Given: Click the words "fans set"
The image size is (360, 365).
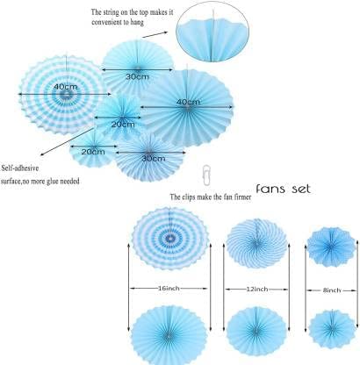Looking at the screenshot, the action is click(283, 189).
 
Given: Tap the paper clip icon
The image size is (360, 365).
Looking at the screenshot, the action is click(206, 175).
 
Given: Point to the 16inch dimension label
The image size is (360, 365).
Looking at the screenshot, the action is click(169, 289).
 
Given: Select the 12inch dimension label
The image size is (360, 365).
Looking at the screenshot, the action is click(257, 290).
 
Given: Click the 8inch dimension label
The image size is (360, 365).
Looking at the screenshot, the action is click(332, 290).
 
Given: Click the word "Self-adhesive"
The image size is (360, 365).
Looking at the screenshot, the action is click(20, 168).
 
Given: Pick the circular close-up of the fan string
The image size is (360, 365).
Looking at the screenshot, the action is click(212, 32).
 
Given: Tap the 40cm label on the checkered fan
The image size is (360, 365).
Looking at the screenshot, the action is click(66, 87).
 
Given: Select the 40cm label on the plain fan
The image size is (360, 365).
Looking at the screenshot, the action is click(188, 102).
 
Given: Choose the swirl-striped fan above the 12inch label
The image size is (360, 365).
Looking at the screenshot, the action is click(256, 243).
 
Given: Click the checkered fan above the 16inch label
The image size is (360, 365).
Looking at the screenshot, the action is click(169, 239).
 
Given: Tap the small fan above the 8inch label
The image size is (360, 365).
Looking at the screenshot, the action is click(331, 247).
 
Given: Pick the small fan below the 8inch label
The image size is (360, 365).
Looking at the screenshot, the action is click(332, 329).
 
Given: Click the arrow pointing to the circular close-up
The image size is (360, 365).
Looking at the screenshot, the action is click(155, 35).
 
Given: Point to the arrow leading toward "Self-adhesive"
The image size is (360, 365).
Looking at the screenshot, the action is click(67, 141).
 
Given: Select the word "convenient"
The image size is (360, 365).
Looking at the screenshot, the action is click(108, 22).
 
